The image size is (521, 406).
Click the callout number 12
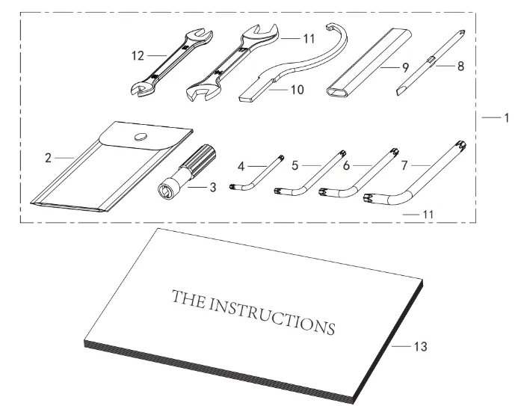click(x=138, y=56)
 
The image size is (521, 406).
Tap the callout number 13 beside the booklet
click(x=420, y=346)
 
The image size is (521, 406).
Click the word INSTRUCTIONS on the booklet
click(x=271, y=316)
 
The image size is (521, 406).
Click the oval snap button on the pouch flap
click(x=141, y=137)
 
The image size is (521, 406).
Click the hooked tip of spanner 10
click(x=330, y=26)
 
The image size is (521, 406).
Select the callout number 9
click(x=405, y=67)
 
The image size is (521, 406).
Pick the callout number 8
click(x=460, y=66)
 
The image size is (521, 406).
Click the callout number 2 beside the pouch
click(x=48, y=159)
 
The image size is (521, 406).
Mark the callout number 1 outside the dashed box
click(x=506, y=117)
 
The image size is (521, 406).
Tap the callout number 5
click(x=295, y=165)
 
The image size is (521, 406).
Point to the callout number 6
click(x=346, y=165)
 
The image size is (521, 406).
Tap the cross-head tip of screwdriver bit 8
click(x=461, y=33)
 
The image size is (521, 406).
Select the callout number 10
click(x=298, y=90)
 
